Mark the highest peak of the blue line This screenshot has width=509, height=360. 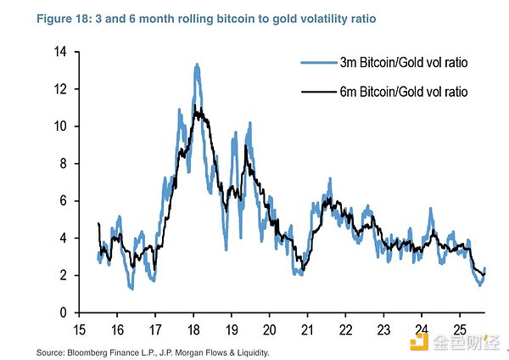pyautogui.click(x=197, y=65)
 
